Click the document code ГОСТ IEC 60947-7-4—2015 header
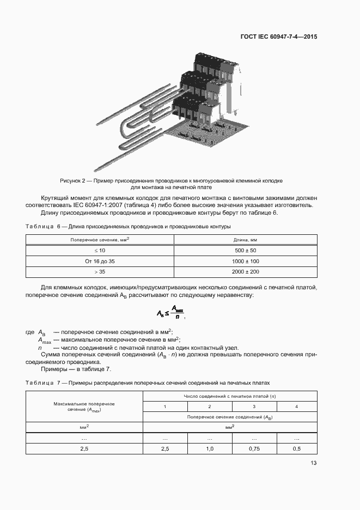tap(279, 37)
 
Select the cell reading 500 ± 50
tap(245, 250)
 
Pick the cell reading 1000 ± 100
tap(245, 261)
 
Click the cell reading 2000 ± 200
tap(245, 272)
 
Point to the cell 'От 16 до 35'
tap(100, 261)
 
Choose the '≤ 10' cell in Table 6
tap(100, 250)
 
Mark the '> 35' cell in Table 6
tap(100, 272)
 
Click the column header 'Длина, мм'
tap(245, 240)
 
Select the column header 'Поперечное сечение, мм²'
tap(100, 240)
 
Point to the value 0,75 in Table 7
tap(254, 448)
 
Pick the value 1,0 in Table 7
tap(210, 448)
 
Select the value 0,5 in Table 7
tap(296, 448)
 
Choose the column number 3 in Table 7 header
tap(254, 406)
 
